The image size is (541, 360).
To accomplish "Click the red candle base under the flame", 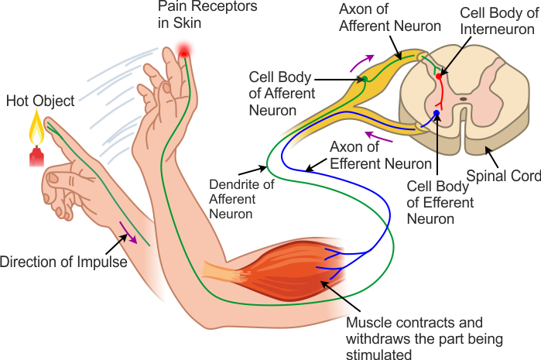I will (35, 158).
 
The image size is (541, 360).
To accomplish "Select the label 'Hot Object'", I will (40, 101).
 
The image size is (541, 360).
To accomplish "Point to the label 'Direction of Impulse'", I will (63, 262).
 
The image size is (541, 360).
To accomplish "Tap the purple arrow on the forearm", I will (129, 230).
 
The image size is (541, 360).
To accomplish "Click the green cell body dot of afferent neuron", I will (364, 79).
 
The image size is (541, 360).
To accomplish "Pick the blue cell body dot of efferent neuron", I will (437, 114).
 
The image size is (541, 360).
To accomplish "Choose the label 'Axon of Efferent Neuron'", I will (380, 154).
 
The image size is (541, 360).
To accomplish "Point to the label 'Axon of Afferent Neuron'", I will (390, 17).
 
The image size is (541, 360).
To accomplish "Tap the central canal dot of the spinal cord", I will (463, 99).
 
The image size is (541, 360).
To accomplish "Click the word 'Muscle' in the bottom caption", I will (368, 322).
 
